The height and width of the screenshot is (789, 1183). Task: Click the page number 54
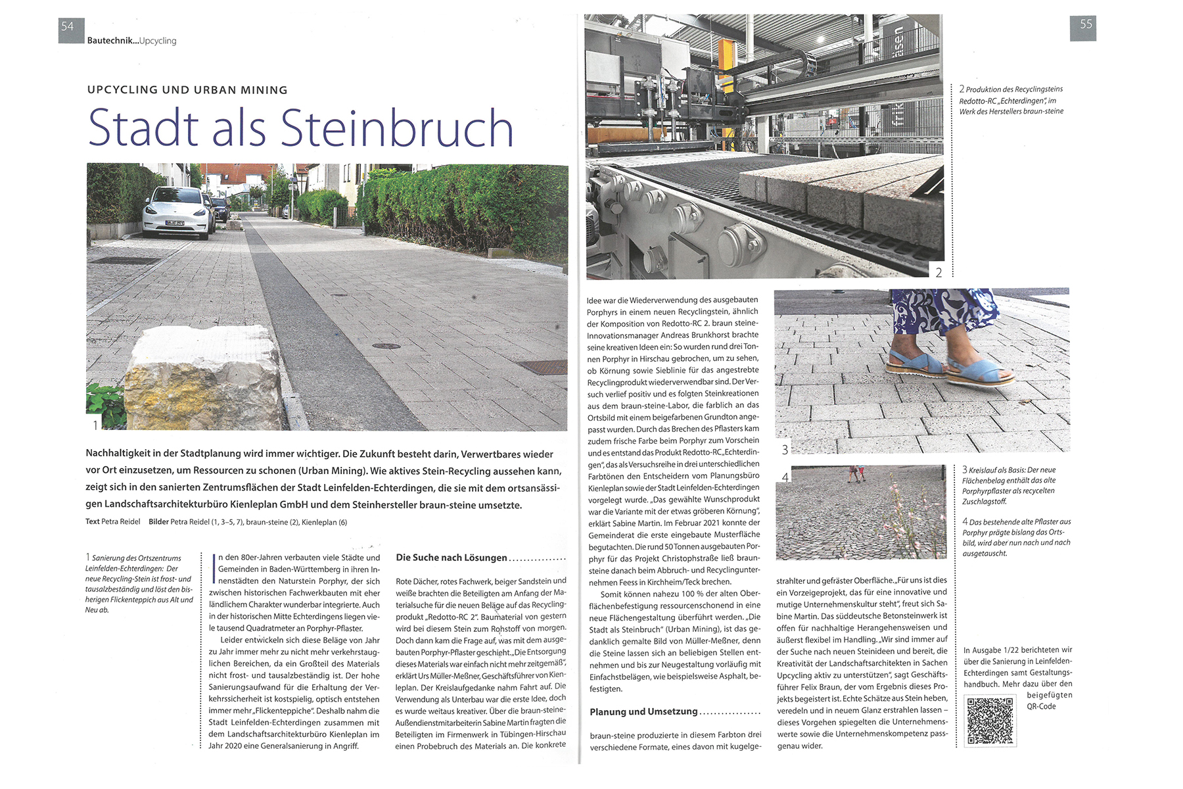pyautogui.click(x=68, y=27)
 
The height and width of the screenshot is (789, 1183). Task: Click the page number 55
pyautogui.click(x=1086, y=24)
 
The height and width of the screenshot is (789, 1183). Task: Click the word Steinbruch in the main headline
pyautogui.click(x=397, y=128)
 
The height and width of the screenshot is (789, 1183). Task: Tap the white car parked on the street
pyautogui.click(x=176, y=212)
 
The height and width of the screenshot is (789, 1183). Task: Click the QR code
pyautogui.click(x=990, y=721)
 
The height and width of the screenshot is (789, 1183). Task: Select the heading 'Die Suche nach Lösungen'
pyautogui.click(x=452, y=558)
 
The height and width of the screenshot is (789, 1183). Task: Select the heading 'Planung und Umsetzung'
pyautogui.click(x=643, y=711)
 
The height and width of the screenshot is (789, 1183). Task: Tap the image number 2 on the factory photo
pyautogui.click(x=939, y=272)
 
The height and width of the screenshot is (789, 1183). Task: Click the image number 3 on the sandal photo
pyautogui.click(x=785, y=450)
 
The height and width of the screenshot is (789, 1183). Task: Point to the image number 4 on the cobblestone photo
pyautogui.click(x=785, y=477)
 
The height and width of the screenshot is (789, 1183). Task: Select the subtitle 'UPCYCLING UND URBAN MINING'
pyautogui.click(x=187, y=90)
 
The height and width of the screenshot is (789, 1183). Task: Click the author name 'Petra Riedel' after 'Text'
pyautogui.click(x=121, y=522)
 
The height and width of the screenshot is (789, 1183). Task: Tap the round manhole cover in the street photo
pyautogui.click(x=386, y=345)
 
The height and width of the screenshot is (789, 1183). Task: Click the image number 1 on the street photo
pyautogui.click(x=95, y=425)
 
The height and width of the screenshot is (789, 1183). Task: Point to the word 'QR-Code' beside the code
pyautogui.click(x=1041, y=706)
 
